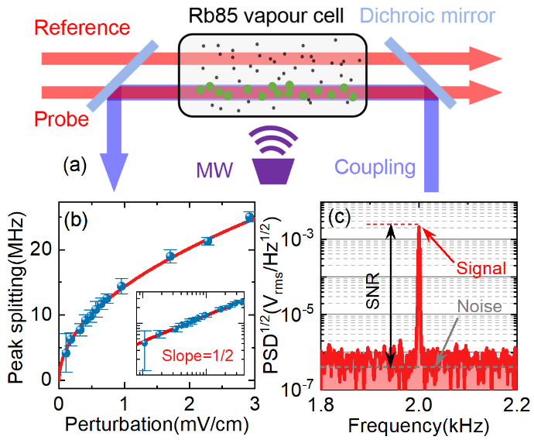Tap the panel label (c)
(x=343, y=217)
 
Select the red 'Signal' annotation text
(x=483, y=268)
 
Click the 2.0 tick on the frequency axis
(x=417, y=405)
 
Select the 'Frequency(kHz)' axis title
(x=418, y=425)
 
